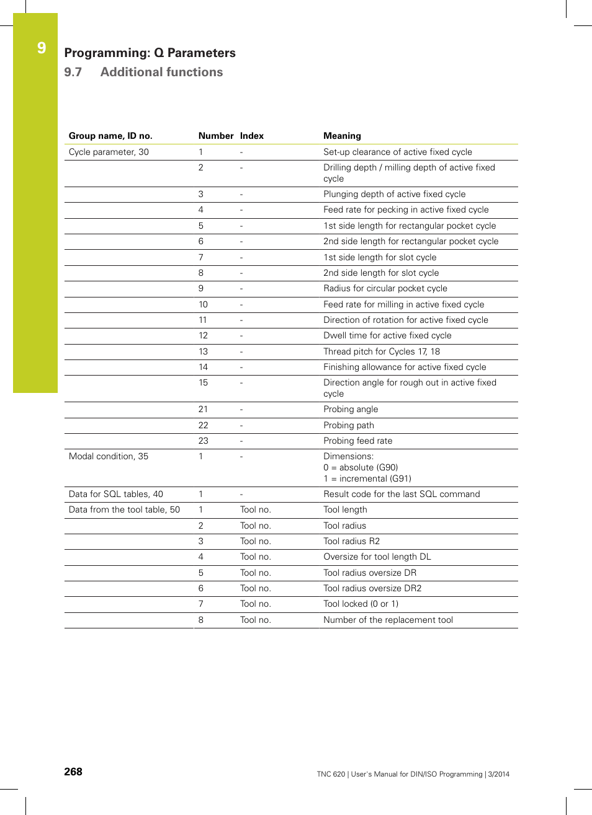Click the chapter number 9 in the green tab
[42, 48]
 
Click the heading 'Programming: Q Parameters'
[150, 53]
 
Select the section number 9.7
[73, 72]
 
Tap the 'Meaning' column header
[342, 136]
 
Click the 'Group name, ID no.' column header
[110, 136]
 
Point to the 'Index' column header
[251, 136]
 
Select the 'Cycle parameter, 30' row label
[109, 152]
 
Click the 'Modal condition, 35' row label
[109, 456]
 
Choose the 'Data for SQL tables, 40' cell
[116, 494]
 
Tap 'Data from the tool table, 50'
[124, 509]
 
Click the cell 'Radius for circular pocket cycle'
[385, 288]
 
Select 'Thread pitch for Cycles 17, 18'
[381, 351]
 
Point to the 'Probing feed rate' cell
[357, 441]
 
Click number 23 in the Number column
[203, 441]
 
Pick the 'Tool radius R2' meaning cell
[351, 541]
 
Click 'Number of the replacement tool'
[388, 620]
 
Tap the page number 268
[73, 772]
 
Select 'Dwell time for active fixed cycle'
[387, 335]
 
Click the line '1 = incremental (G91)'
[367, 478]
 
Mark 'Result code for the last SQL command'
[401, 494]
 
